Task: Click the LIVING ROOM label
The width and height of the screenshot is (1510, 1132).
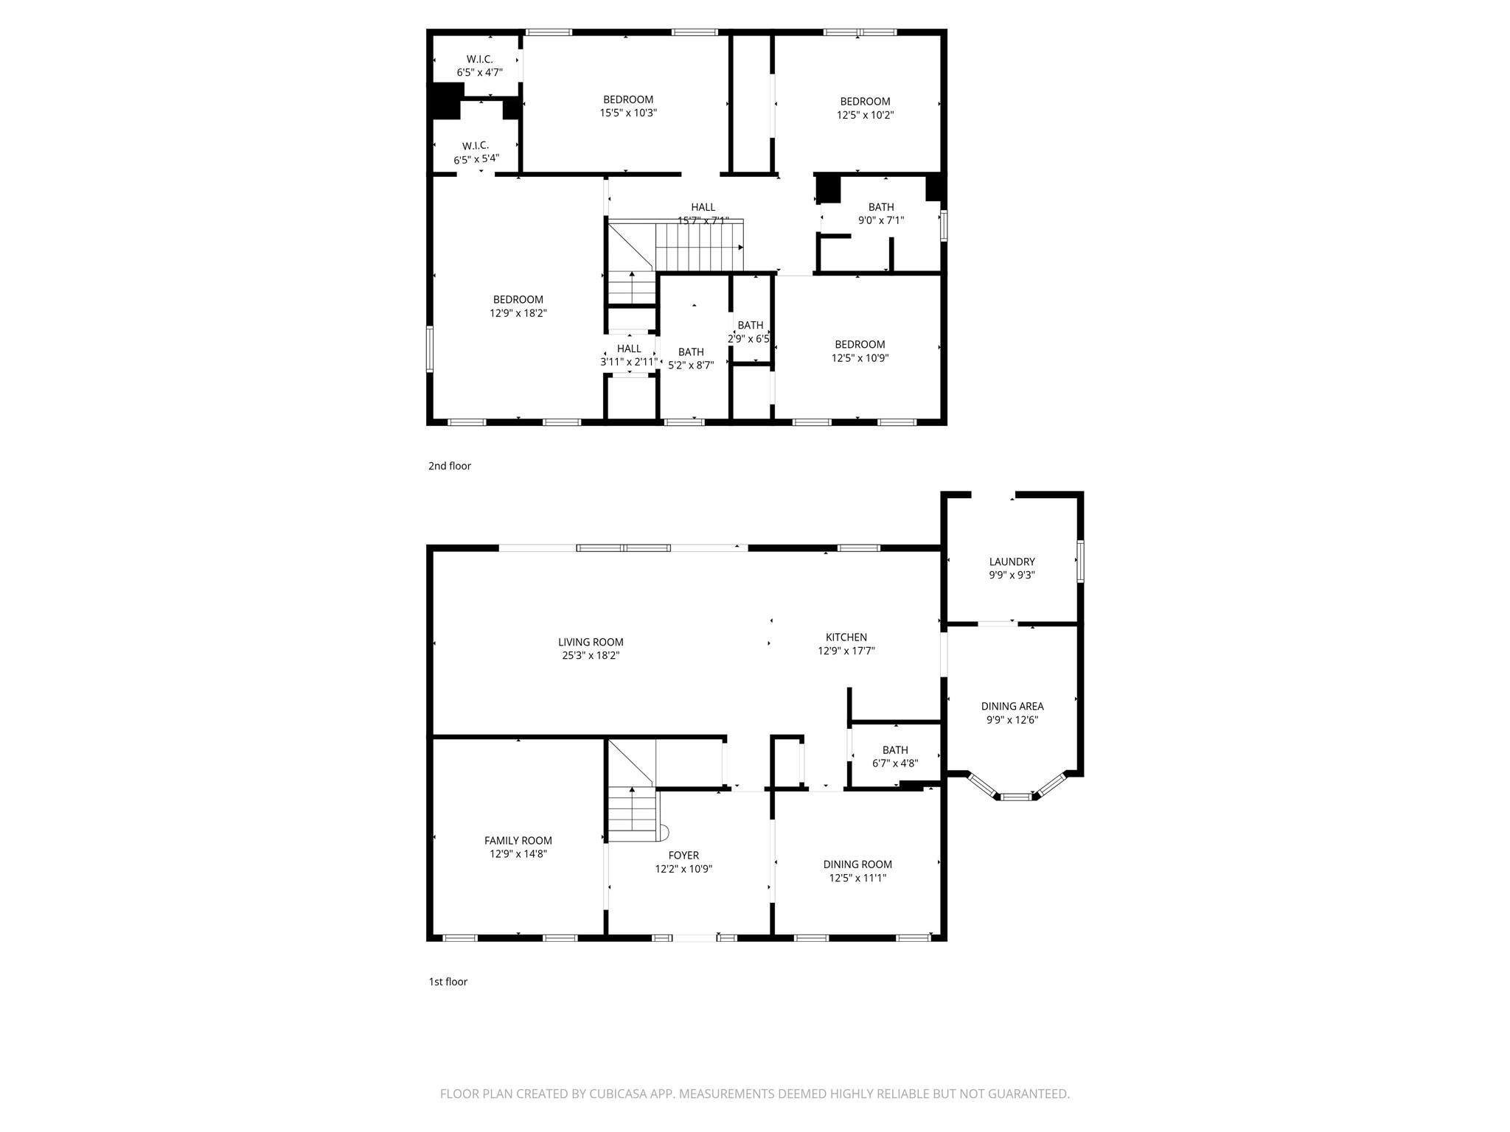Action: coord(591,642)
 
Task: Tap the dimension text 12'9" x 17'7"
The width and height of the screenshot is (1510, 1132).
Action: coord(846,651)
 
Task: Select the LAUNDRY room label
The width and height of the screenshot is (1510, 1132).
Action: coord(1012,562)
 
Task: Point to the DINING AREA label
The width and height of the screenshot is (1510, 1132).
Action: coord(1012,706)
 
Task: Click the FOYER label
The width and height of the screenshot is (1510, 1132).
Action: coord(683,855)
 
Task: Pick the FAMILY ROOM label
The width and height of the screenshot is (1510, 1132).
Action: coord(518,840)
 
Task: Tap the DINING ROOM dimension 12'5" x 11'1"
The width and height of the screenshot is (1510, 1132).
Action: coord(857,878)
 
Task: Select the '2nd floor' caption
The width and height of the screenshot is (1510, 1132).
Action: coord(449,466)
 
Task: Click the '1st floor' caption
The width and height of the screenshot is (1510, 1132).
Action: coord(448,982)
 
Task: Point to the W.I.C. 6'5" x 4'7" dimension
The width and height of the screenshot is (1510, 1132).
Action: coord(479,72)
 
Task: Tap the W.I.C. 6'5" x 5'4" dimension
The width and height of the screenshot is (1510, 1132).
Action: coord(476,159)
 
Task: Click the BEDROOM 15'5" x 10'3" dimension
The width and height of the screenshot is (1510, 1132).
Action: coord(627,113)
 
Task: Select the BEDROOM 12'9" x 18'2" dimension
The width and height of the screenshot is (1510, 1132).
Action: coord(518,313)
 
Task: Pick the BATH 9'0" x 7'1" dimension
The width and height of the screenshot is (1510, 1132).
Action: coord(880,220)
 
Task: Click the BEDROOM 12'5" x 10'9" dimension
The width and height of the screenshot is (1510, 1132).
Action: coord(860,358)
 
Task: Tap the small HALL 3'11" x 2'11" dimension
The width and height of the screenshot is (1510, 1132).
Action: coord(628,362)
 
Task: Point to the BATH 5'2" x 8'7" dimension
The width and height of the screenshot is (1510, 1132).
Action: coord(691,365)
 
